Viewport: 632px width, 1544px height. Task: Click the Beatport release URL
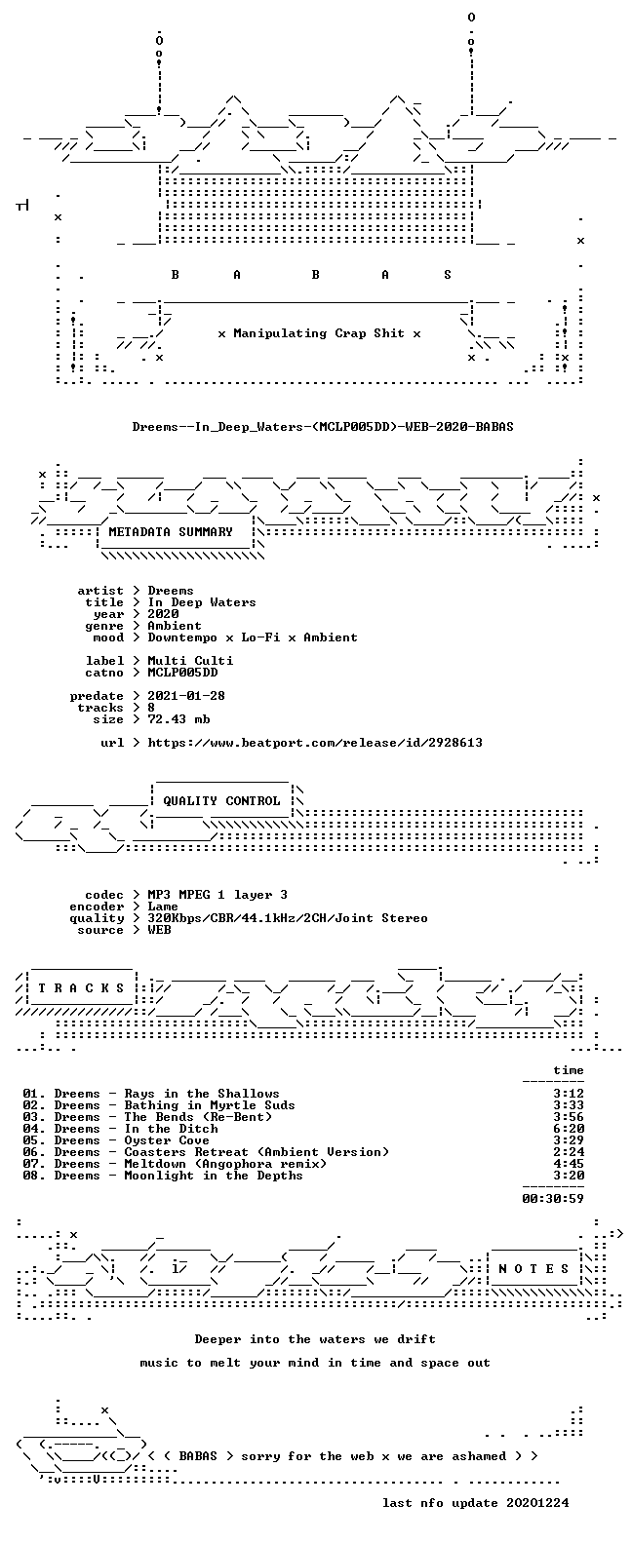[315, 743]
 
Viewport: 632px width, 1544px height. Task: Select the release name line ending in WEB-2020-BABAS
[323, 427]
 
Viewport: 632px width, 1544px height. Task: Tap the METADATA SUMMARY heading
[171, 532]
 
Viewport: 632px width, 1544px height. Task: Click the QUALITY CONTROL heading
[221, 801]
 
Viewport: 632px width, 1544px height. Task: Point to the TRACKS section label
[81, 987]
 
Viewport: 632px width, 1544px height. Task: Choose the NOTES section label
[533, 1268]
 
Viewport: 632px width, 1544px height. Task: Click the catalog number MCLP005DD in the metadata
[182, 673]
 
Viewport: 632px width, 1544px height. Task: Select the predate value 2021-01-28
[186, 696]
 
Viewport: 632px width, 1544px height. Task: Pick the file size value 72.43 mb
[178, 719]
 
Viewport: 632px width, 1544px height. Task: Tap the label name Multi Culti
[190, 661]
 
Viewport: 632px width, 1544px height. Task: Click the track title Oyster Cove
[167, 1140]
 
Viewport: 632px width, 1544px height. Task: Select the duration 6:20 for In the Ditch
[569, 1129]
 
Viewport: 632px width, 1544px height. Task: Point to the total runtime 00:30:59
[553, 1199]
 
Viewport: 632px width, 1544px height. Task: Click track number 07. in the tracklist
[34, 1164]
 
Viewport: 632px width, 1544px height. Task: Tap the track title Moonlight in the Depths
[214, 1176]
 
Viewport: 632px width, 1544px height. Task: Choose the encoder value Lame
[163, 907]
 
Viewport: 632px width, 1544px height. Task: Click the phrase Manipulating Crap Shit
[319, 333]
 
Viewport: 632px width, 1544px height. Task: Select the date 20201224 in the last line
[538, 1503]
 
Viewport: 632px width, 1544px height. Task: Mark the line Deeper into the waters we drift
[315, 1339]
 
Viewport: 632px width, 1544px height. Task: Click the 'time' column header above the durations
[569, 1070]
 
